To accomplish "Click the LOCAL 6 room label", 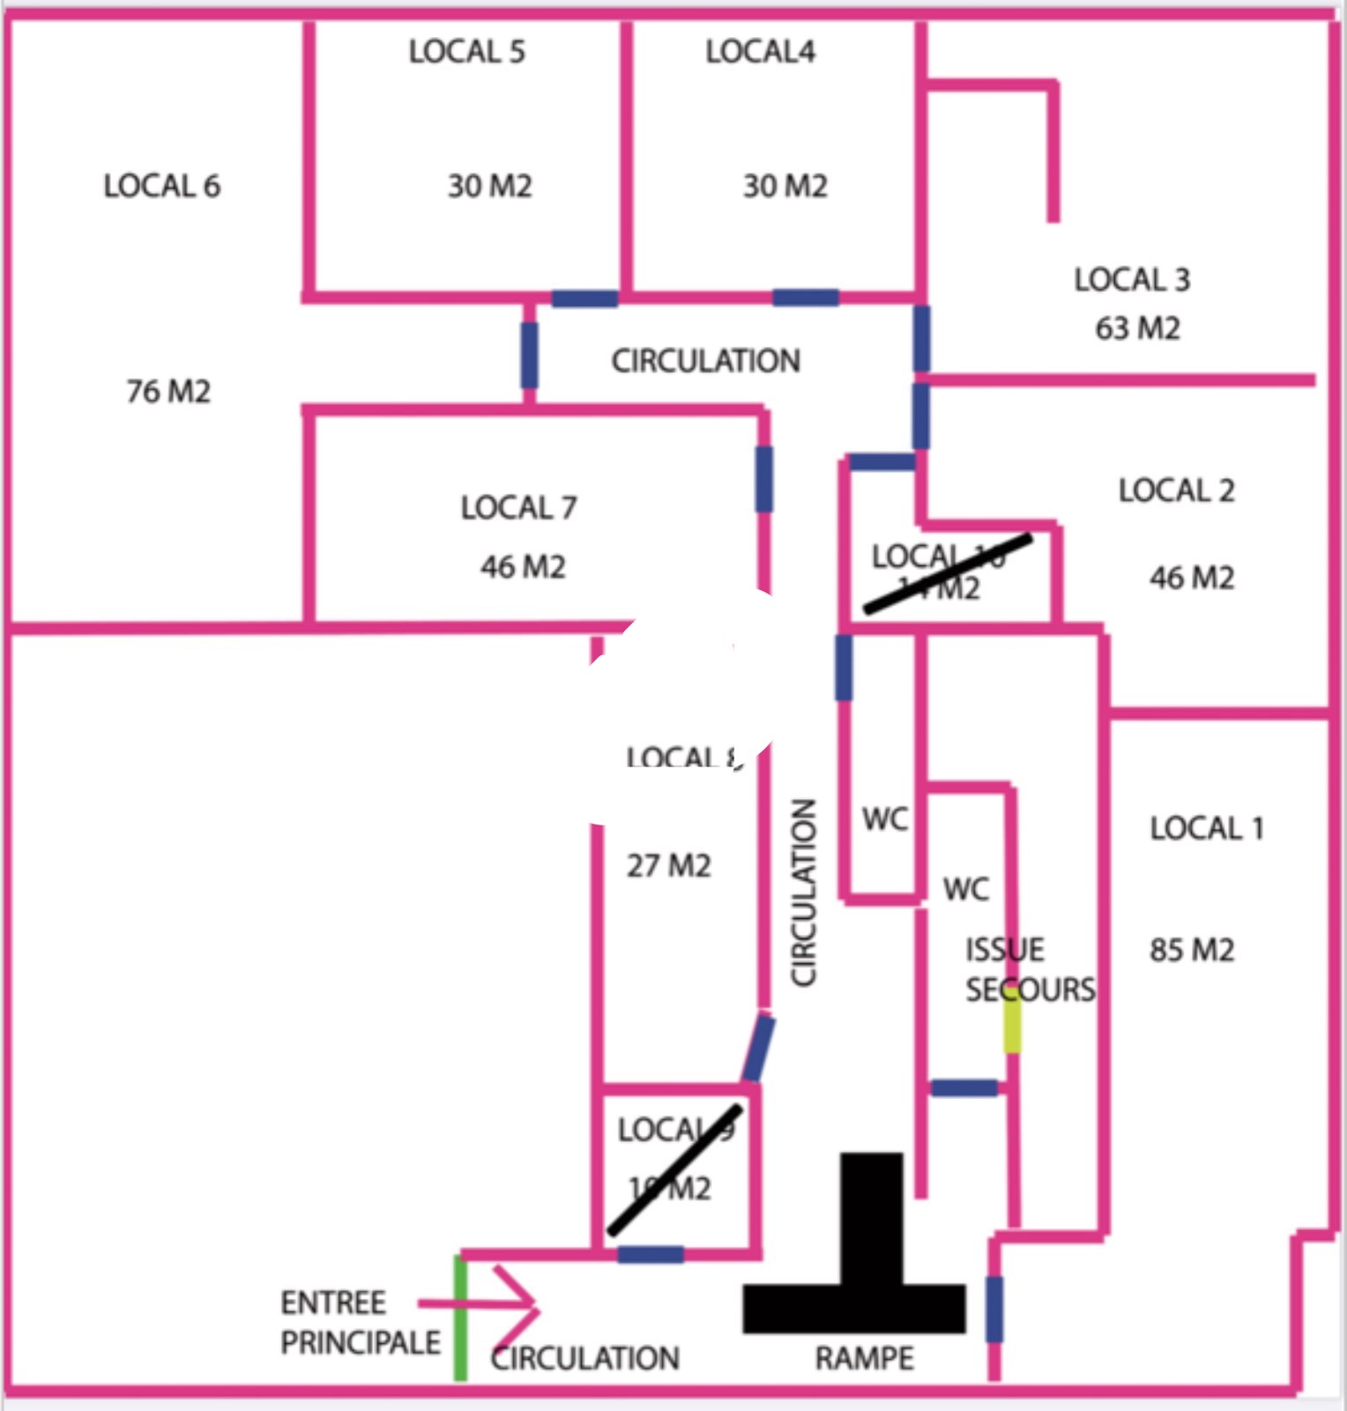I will coord(162,186).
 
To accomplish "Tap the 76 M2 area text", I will coord(168,392).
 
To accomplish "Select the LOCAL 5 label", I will coord(466,52).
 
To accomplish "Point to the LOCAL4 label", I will coord(760,52).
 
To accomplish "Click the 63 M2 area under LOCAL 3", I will coord(1137,329).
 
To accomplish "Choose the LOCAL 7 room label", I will coord(518,508).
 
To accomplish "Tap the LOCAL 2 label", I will coord(1176,490).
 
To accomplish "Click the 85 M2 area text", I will coord(1191,950).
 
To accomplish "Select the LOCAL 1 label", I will coord(1206,828).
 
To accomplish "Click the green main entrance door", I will coord(460,1318).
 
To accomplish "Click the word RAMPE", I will coord(864,1358).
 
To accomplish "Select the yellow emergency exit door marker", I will coord(1013,1026).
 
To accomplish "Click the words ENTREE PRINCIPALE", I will coord(360,1322).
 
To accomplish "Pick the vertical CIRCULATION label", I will coord(804,892).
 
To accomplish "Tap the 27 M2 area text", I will coord(668,866).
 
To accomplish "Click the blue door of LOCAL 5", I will coord(584,298).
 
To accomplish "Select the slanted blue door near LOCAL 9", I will coord(757,1049).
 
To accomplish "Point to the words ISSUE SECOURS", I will coord(1029,969).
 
